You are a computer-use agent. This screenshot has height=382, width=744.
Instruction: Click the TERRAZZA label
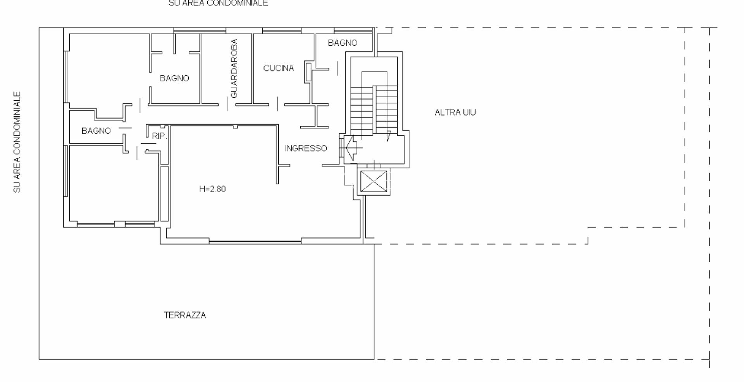185,315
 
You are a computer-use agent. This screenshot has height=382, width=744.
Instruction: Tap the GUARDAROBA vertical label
234,69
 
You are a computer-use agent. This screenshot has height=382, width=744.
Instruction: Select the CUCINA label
278,68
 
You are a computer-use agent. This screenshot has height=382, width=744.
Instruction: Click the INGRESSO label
306,148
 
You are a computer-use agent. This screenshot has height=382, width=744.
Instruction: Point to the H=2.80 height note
212,189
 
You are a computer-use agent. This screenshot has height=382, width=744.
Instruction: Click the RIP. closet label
159,136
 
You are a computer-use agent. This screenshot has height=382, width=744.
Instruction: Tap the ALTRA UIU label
455,112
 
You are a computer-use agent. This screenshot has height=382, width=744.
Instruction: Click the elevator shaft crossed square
374,181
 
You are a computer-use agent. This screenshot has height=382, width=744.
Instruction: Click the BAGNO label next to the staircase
343,43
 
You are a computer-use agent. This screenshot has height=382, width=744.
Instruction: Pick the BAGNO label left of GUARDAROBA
174,78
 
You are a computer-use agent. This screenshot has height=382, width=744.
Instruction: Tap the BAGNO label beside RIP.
96,131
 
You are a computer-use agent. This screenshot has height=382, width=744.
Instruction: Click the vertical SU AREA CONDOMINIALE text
17,142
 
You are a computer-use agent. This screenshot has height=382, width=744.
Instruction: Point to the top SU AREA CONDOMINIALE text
218,3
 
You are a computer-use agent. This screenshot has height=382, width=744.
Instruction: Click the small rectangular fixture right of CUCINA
308,72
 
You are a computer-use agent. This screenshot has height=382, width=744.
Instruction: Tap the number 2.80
218,189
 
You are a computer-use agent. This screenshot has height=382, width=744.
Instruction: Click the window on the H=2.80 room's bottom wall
255,242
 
